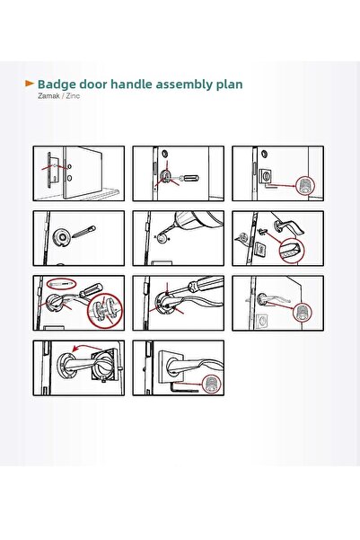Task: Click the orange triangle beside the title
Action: (x=30, y=84)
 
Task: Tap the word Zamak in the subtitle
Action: (x=48, y=96)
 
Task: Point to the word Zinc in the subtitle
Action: (x=73, y=96)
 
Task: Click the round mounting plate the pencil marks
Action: (x=62, y=237)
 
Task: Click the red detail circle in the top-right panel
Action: (x=305, y=186)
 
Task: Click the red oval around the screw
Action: (x=62, y=284)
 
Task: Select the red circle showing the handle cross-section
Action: (x=293, y=251)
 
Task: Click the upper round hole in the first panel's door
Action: (x=70, y=166)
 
